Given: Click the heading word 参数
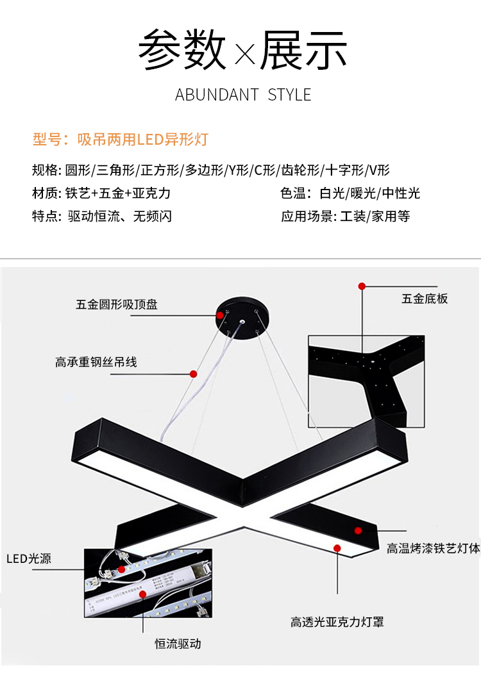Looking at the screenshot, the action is pyautogui.click(x=182, y=49).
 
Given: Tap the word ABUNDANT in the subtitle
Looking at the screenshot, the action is pyautogui.click(x=217, y=95).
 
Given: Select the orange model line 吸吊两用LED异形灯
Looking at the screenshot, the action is pyautogui.click(x=142, y=140).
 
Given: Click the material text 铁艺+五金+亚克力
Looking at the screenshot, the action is pyautogui.click(x=119, y=193).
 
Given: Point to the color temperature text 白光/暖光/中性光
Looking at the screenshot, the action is pyautogui.click(x=369, y=193).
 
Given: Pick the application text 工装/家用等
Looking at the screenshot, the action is pyautogui.click(x=375, y=216).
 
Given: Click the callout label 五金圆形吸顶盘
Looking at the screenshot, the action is pyautogui.click(x=117, y=305).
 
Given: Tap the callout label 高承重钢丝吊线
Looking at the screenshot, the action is pyautogui.click(x=96, y=362).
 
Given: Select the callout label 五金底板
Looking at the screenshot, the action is pyautogui.click(x=425, y=298).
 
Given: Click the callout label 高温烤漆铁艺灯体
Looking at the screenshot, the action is pyautogui.click(x=433, y=549).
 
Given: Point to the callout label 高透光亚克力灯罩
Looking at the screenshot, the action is pyautogui.click(x=337, y=622).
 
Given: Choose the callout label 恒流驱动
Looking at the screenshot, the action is pyautogui.click(x=178, y=644).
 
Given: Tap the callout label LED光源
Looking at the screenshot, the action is pyautogui.click(x=29, y=559).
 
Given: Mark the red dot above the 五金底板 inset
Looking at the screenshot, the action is pyautogui.click(x=362, y=286).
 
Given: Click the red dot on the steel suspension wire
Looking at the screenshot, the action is pyautogui.click(x=193, y=373).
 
